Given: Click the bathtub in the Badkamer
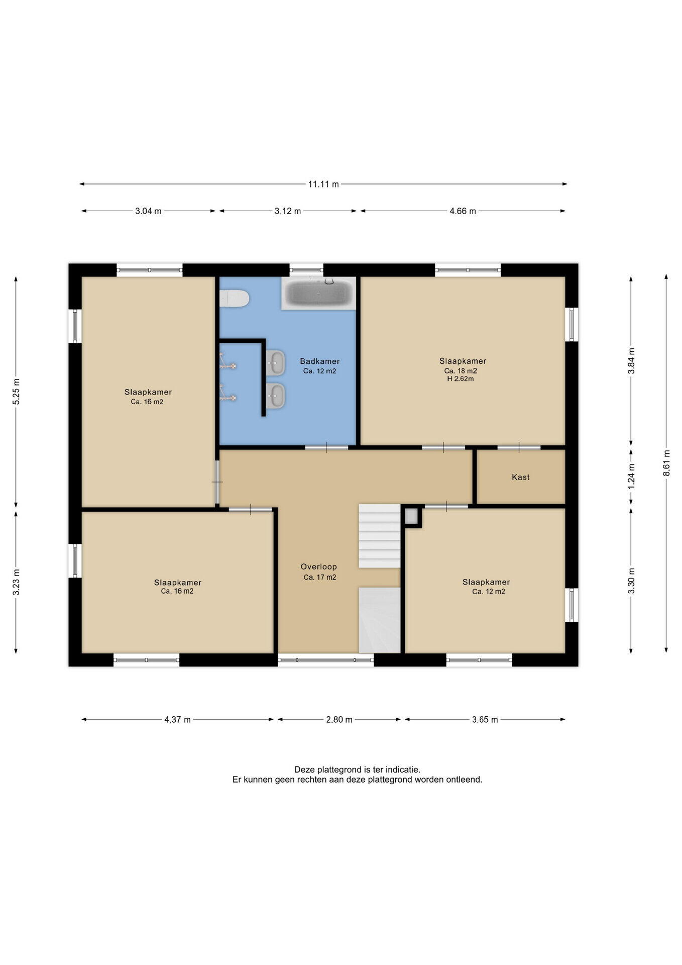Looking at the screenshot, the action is point(318,293).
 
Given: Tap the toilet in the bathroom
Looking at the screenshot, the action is point(235,298).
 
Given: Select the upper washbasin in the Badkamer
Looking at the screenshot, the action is point(275,362).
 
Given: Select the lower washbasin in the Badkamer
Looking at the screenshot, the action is point(275,396).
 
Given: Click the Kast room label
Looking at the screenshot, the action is point(521,477).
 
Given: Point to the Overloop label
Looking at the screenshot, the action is point(319,566).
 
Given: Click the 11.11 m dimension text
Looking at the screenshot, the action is point(323,184).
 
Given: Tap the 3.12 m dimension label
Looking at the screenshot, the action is point(288,211).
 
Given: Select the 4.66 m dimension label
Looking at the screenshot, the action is point(463,211).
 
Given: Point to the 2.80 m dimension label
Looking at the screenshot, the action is point(339,719).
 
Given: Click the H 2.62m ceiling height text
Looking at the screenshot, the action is point(461,379).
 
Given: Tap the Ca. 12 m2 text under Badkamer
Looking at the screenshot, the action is point(319,371).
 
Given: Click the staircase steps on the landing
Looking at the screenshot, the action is point(379,536).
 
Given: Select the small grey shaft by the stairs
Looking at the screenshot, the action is point(411,516).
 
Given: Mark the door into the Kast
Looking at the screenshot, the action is point(519,447).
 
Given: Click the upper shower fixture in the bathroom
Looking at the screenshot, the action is point(228,362).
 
